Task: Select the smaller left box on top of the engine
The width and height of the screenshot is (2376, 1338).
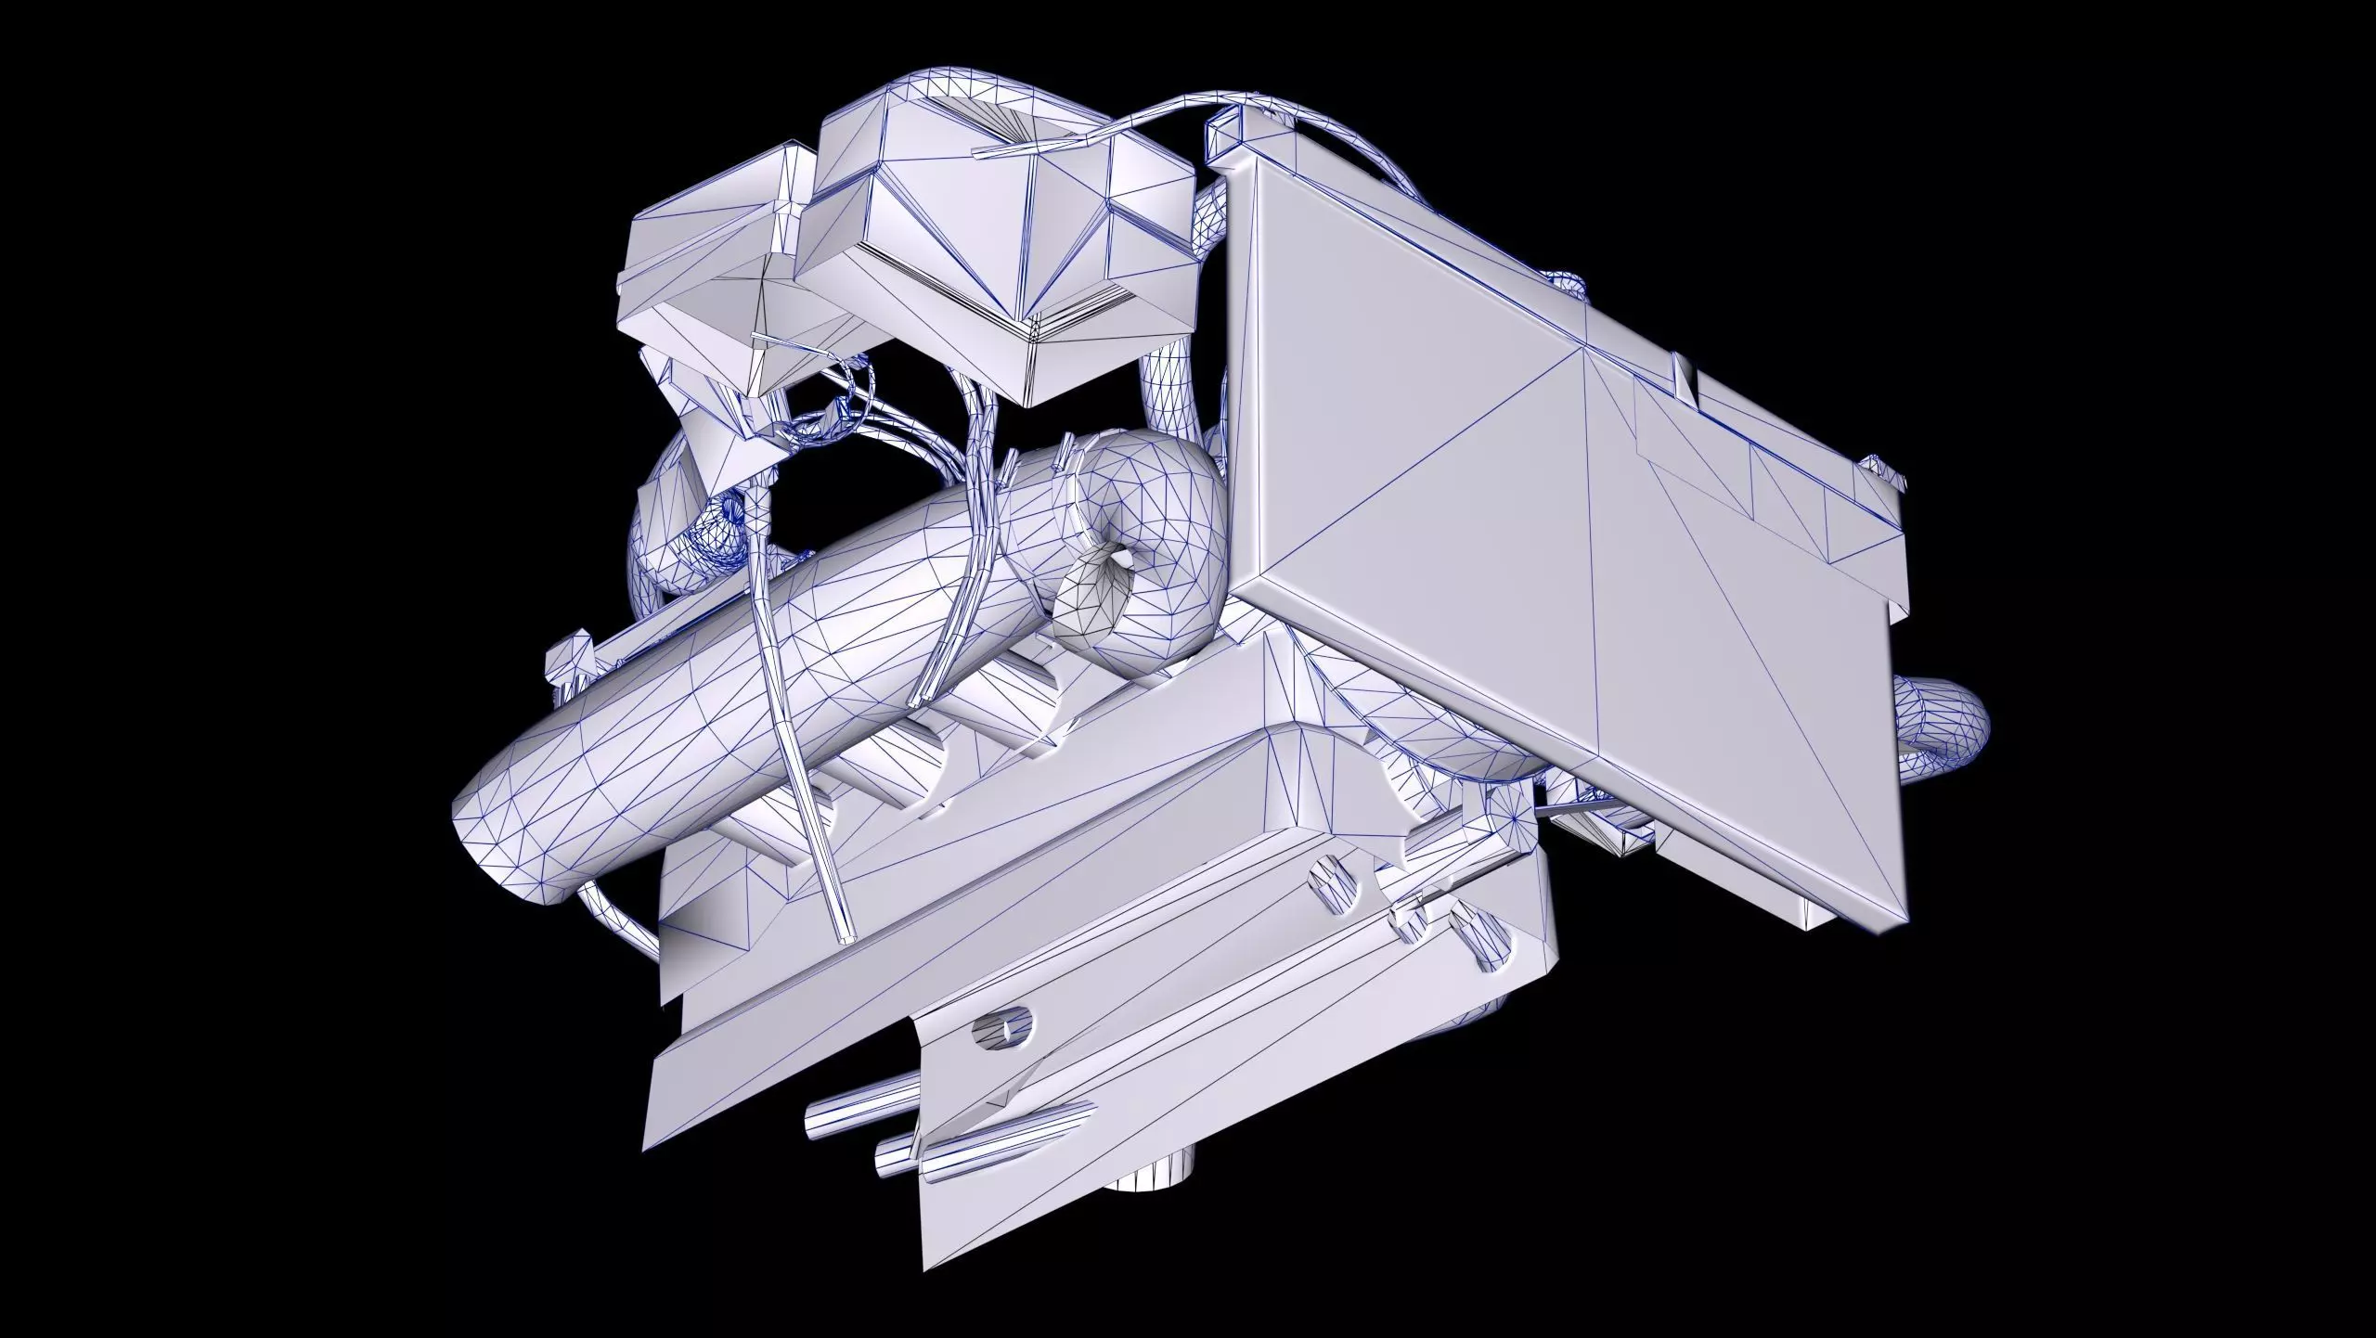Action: click(x=705, y=269)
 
